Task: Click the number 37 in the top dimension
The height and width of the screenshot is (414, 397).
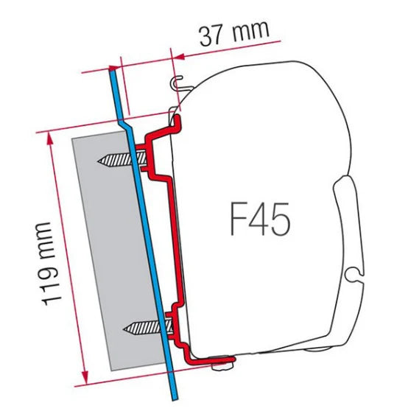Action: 211,35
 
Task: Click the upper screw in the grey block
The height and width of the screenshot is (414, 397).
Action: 116,160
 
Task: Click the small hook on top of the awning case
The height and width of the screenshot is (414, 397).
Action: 177,82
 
